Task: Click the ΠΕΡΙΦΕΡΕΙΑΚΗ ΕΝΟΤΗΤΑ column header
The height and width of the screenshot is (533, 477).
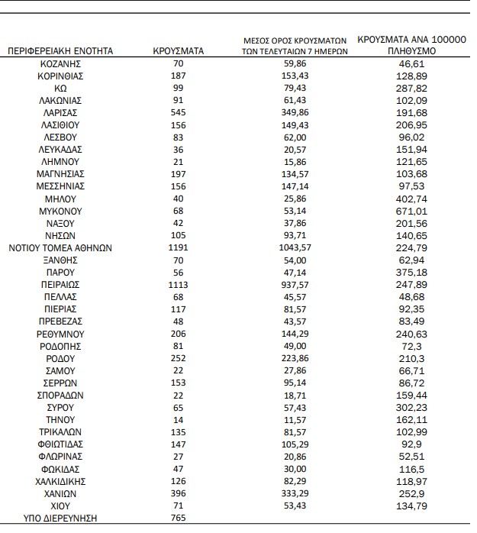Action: [60, 51]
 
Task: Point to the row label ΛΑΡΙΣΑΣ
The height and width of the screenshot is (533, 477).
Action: [60, 111]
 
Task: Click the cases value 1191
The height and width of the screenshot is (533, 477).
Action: [178, 247]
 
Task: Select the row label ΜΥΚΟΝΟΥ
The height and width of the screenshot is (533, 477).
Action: [60, 210]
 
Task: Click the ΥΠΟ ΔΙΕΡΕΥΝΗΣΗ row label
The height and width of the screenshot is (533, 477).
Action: [60, 518]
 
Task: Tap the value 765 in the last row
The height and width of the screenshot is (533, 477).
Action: [178, 518]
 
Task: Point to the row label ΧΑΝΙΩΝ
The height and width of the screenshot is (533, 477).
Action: [60, 493]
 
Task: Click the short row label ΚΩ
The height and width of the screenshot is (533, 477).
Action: [60, 87]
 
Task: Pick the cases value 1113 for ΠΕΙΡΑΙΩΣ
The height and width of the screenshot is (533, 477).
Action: [178, 284]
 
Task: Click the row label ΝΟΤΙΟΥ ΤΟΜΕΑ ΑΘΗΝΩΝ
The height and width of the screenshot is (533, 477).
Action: [60, 247]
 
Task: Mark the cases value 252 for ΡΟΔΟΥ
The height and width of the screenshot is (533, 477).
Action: [178, 358]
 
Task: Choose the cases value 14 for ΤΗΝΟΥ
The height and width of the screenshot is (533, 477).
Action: [178, 419]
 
